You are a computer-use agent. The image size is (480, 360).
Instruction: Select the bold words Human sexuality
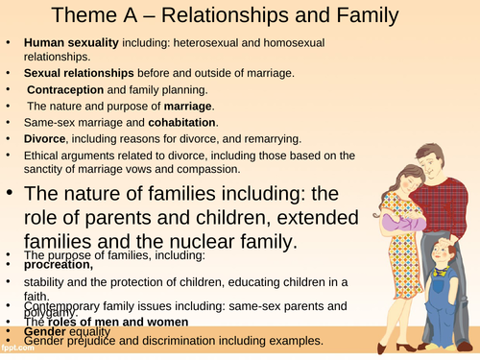click(66, 43)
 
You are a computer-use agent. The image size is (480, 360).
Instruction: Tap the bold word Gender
click(46, 333)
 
